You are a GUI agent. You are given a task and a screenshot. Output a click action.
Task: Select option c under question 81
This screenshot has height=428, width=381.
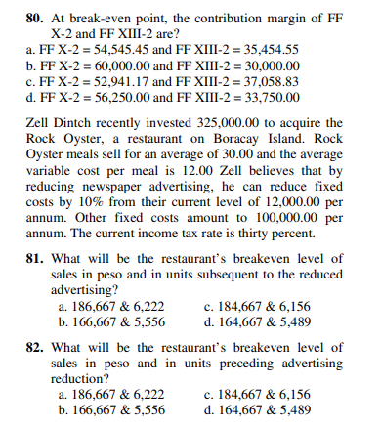pos(254,306)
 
